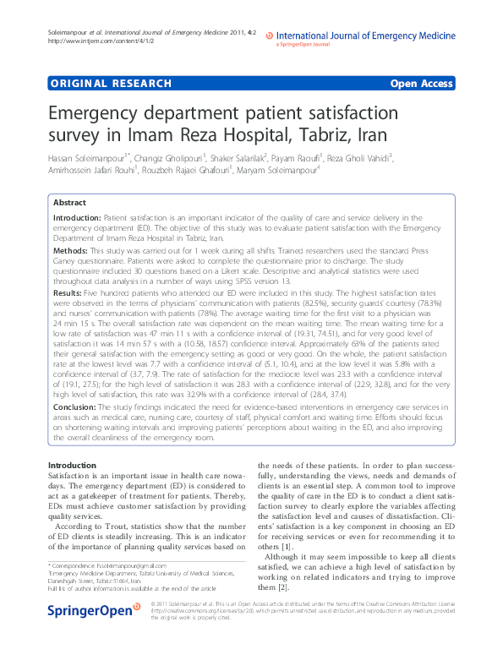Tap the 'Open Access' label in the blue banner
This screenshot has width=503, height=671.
[421, 85]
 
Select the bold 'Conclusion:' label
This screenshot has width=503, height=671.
[74, 406]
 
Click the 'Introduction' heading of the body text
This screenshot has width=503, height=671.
[72, 466]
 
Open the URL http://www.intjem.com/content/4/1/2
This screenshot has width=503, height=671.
[90, 41]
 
